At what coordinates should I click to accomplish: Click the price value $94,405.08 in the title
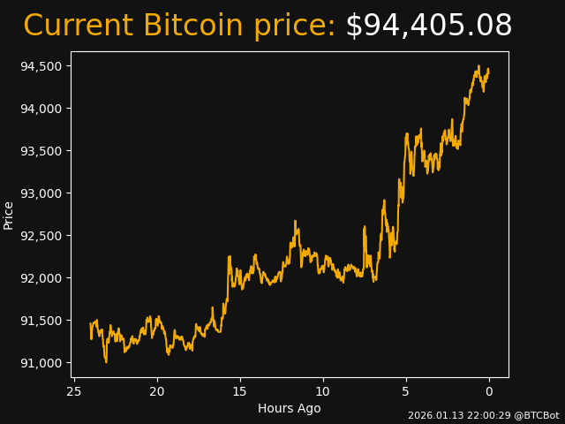pyautogui.click(x=428, y=26)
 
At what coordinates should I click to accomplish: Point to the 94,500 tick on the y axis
pyautogui.click(x=41, y=66)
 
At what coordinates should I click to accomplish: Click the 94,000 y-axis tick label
pyautogui.click(x=41, y=109)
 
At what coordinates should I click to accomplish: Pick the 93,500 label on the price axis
pyautogui.click(x=41, y=151)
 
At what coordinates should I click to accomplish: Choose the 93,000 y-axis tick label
pyautogui.click(x=41, y=193)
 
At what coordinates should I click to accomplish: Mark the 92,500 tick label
pyautogui.click(x=41, y=236)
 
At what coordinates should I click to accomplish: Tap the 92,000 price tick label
pyautogui.click(x=41, y=278)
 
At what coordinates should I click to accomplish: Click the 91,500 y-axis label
pyautogui.click(x=41, y=321)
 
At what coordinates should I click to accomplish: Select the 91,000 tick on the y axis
pyautogui.click(x=41, y=363)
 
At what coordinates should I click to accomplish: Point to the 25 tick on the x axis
pyautogui.click(x=74, y=391)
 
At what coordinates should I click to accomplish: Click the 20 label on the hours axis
pyautogui.click(x=157, y=391)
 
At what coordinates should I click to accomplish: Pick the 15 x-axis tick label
pyautogui.click(x=240, y=391)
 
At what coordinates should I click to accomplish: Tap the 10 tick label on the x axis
pyautogui.click(x=323, y=391)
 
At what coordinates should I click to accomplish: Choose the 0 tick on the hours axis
pyautogui.click(x=489, y=391)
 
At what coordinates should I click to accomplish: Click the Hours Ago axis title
pyautogui.click(x=290, y=408)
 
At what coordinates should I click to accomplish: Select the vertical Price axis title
pyautogui.click(x=9, y=215)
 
